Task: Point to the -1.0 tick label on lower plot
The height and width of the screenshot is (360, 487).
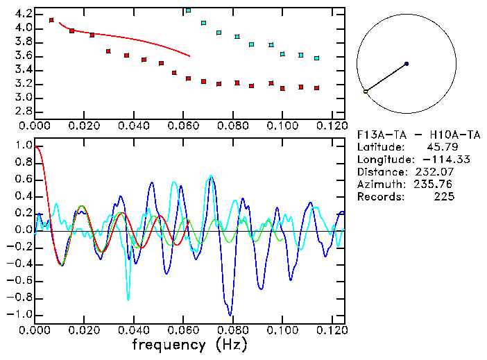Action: pos(19,314)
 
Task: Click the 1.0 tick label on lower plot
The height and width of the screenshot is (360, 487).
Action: pos(23,146)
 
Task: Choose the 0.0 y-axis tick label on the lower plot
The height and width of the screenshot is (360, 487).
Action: pos(23,230)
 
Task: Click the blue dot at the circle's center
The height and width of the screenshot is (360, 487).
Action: pos(407,64)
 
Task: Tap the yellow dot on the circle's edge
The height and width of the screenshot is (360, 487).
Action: pos(366,92)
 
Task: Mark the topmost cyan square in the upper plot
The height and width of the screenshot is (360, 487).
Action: pos(188,10)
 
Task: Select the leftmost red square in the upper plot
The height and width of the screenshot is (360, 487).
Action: pos(51,20)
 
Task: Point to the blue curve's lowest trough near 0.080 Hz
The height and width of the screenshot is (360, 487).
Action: pos(230,314)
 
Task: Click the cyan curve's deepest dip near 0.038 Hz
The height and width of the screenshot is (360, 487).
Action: pos(128,299)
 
